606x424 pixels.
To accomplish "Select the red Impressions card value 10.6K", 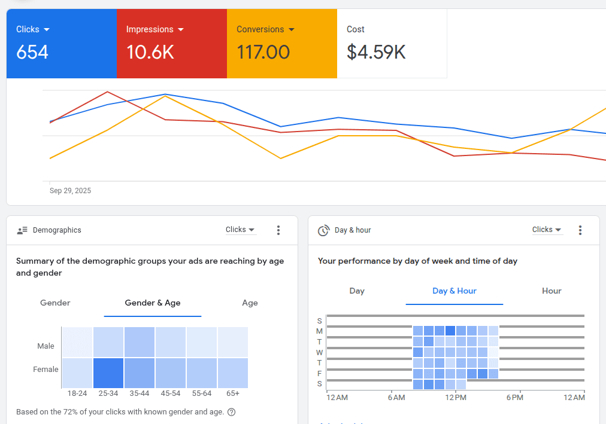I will [x=150, y=53].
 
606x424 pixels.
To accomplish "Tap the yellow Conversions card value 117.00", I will [x=263, y=53].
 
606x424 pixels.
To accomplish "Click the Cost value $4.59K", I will [x=376, y=53].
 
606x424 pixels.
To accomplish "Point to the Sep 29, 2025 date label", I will [x=70, y=191].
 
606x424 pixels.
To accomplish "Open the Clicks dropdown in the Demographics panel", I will [x=240, y=230].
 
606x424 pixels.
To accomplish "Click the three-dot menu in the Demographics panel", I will [x=278, y=230].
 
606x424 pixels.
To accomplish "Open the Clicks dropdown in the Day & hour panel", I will [x=547, y=230].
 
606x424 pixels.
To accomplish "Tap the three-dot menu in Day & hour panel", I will [x=580, y=230].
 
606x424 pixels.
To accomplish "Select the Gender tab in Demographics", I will [x=55, y=303].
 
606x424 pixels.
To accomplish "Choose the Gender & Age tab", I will [x=152, y=303].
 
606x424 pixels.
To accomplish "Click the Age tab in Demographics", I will [x=250, y=303].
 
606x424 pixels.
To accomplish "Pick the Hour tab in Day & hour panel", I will [x=552, y=291].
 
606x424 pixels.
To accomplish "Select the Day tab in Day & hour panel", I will [x=357, y=291].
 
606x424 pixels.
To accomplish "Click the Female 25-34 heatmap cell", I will [x=108, y=373].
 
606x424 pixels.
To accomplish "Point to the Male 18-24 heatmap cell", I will [x=77, y=342].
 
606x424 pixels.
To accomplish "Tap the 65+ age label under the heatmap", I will [x=233, y=394].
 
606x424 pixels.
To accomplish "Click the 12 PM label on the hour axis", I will [x=455, y=398].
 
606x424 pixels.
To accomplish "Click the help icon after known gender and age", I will [x=232, y=412].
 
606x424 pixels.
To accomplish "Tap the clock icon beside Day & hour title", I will [x=323, y=230].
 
